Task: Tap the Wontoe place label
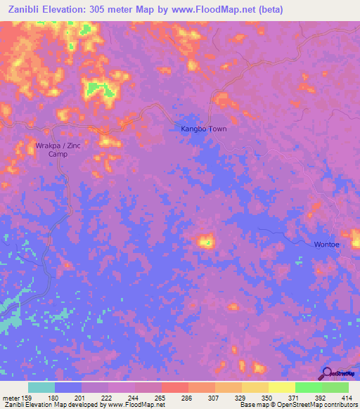(x=327, y=244)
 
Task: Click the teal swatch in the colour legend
(x=41, y=387)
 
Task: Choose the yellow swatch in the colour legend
(x=281, y=387)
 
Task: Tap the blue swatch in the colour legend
(x=68, y=387)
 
